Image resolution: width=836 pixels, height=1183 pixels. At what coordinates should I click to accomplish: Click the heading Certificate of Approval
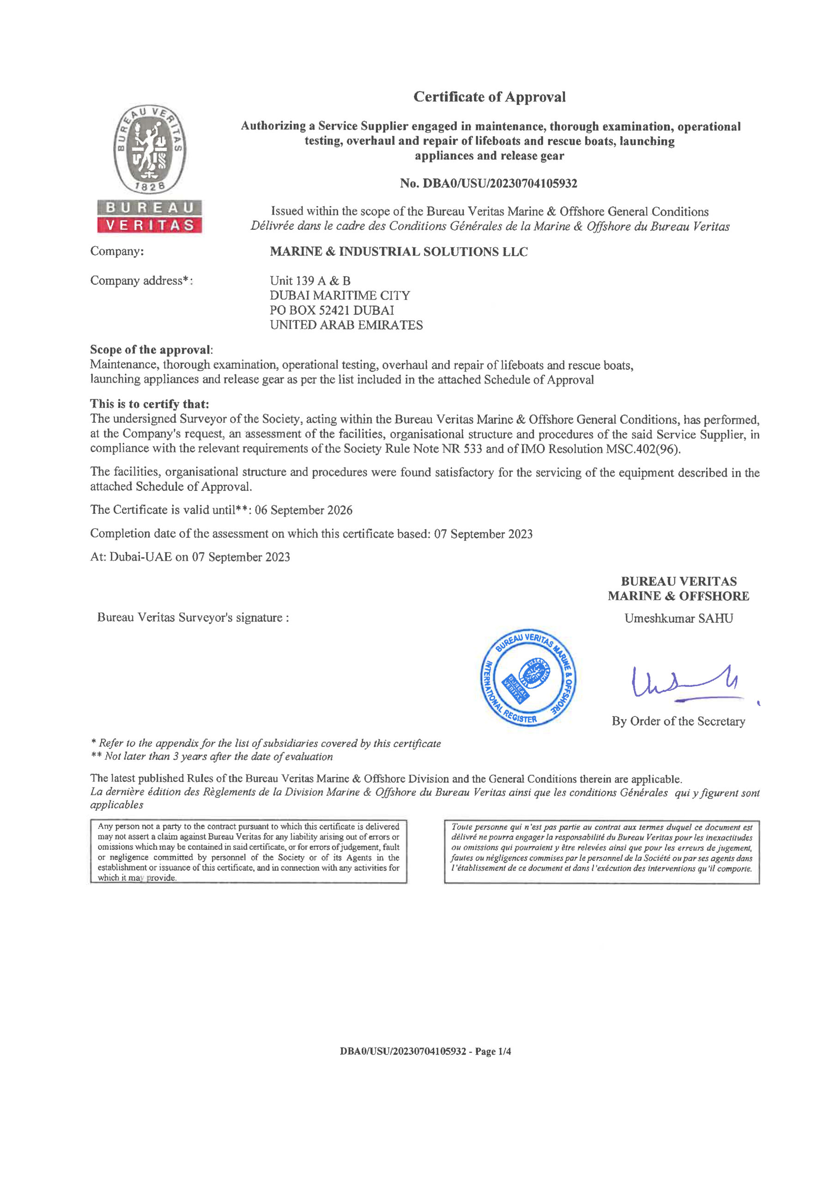pyautogui.click(x=489, y=97)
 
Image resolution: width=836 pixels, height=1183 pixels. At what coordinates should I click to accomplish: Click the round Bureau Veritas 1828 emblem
pyautogui.click(x=150, y=149)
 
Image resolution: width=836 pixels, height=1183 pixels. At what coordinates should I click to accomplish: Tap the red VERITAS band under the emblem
pyautogui.click(x=150, y=225)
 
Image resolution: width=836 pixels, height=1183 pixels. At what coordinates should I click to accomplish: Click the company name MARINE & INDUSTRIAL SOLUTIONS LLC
pyautogui.click(x=399, y=251)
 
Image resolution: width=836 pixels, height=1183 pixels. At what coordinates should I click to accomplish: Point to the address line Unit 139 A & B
pyautogui.click(x=310, y=281)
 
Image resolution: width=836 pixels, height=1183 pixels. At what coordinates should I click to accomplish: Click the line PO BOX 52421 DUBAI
pyautogui.click(x=332, y=310)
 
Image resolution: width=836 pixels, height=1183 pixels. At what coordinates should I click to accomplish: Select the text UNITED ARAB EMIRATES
pyautogui.click(x=346, y=325)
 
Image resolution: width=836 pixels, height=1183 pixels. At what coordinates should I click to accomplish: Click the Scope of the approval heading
pyautogui.click(x=151, y=350)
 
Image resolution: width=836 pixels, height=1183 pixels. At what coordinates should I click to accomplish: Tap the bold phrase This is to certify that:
pyautogui.click(x=149, y=404)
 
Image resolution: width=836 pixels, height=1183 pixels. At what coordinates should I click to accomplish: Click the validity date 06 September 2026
pyautogui.click(x=303, y=510)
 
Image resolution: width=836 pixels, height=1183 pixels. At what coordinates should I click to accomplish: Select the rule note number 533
pyautogui.click(x=473, y=449)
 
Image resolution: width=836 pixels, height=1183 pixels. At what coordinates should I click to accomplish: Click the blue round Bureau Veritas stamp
pyautogui.click(x=528, y=677)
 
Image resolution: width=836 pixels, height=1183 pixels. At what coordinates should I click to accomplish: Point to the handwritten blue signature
pyautogui.click(x=685, y=683)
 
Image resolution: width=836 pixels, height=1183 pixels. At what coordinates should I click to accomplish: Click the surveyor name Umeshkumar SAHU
pyautogui.click(x=678, y=618)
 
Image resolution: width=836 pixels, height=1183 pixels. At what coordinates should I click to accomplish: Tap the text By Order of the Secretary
pyautogui.click(x=678, y=721)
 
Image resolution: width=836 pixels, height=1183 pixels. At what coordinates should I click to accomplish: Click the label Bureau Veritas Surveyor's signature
pyautogui.click(x=193, y=618)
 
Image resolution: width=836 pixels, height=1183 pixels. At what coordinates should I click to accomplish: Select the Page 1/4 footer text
pyautogui.click(x=493, y=1051)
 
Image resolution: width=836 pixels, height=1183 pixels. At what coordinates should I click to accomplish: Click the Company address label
pyautogui.click(x=141, y=281)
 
